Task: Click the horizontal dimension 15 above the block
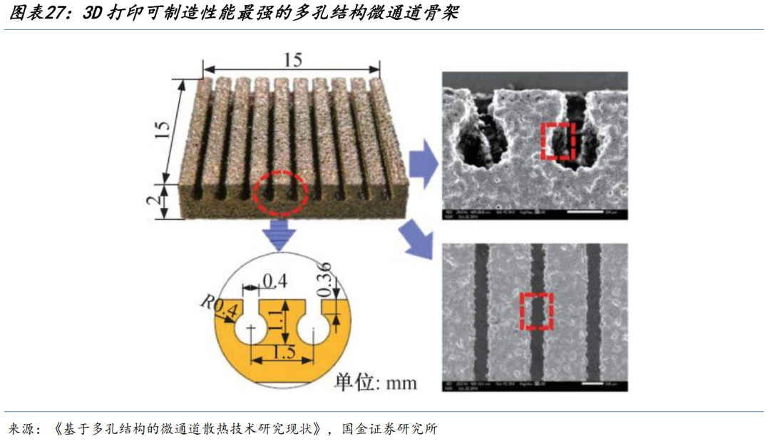click(292, 60)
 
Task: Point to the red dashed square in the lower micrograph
click(537, 312)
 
